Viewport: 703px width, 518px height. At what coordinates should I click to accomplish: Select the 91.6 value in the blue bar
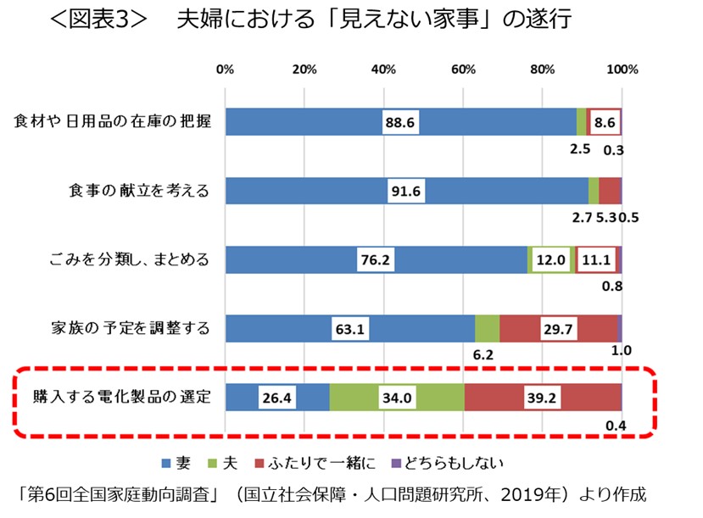[406, 191]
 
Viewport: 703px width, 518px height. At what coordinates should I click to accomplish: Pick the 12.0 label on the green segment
[550, 260]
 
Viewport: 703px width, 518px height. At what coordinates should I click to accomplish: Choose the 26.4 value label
[277, 396]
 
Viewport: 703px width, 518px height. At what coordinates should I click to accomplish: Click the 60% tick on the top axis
[462, 70]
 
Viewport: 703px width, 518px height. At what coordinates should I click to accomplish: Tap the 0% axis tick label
[225, 70]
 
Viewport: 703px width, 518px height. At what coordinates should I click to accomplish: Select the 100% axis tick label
[622, 70]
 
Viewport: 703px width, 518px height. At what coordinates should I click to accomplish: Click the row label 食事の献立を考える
[139, 191]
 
